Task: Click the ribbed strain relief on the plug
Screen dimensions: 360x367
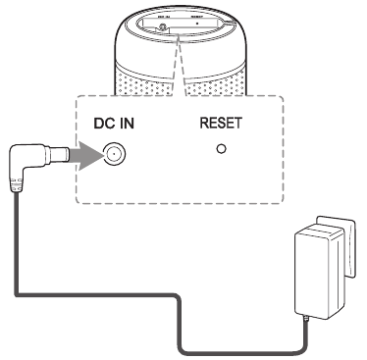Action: [16, 185]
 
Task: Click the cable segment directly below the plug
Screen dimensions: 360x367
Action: [15, 245]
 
